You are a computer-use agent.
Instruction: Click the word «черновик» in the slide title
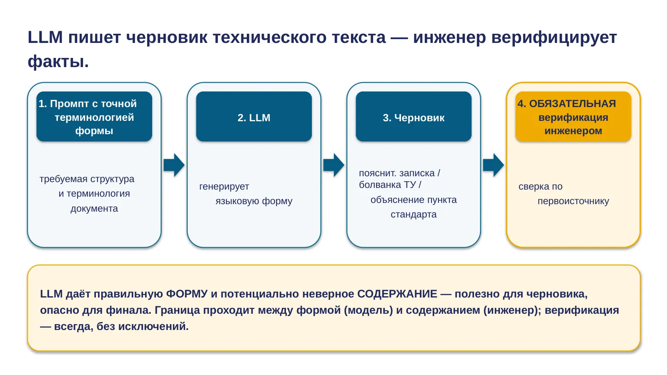pyautogui.click(x=167, y=38)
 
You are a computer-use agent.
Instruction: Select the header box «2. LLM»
pyautogui.click(x=254, y=116)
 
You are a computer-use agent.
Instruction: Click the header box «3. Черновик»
pyautogui.click(x=414, y=116)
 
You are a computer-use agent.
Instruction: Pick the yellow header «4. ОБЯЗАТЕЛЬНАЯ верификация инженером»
pyautogui.click(x=573, y=116)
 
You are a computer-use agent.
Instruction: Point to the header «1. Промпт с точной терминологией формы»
pyautogui.click(x=94, y=116)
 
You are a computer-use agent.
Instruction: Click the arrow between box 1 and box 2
pyautogui.click(x=174, y=165)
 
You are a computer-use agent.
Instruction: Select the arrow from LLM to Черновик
pyautogui.click(x=334, y=165)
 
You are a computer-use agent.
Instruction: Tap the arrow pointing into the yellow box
pyautogui.click(x=494, y=165)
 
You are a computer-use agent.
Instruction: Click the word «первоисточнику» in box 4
pyautogui.click(x=573, y=202)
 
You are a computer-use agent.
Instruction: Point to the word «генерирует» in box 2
pyautogui.click(x=224, y=187)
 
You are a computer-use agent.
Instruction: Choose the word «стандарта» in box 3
pyautogui.click(x=414, y=215)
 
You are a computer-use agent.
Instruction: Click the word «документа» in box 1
pyautogui.click(x=94, y=209)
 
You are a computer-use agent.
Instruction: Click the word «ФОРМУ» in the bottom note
pyautogui.click(x=186, y=294)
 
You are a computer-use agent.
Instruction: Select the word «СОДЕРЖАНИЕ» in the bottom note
pyautogui.click(x=397, y=294)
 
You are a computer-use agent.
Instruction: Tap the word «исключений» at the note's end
pyautogui.click(x=154, y=327)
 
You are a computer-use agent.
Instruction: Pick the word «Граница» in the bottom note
pyautogui.click(x=177, y=310)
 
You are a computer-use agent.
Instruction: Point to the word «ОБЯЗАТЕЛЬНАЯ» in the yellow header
pyautogui.click(x=572, y=104)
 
